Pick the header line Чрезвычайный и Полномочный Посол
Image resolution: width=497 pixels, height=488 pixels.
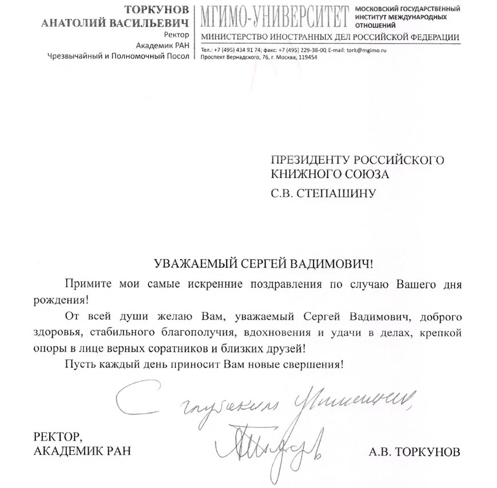117,63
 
